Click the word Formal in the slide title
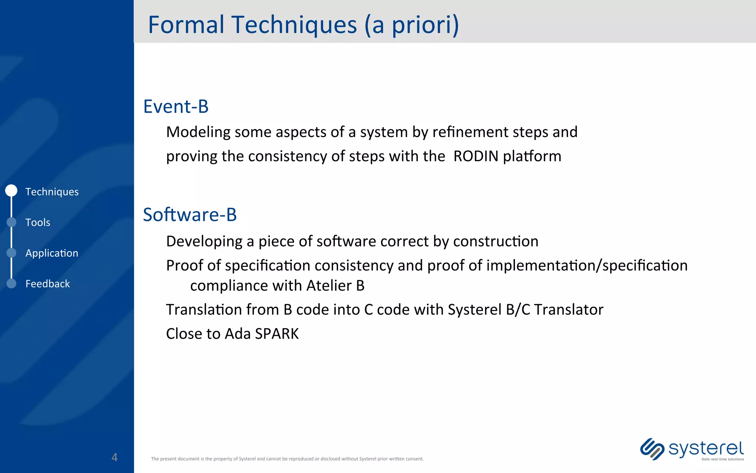[x=186, y=25]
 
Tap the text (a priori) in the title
[x=412, y=25]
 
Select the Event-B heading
[x=176, y=106]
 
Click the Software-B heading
[x=190, y=215]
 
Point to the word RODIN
[x=476, y=156]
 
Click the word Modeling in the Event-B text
[x=198, y=132]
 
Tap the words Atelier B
[x=335, y=286]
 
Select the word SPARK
[x=276, y=334]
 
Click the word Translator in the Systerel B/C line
[x=568, y=310]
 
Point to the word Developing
[x=204, y=241]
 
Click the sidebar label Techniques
[x=52, y=192]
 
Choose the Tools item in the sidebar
[x=38, y=222]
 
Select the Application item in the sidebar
[x=52, y=253]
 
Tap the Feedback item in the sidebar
[x=48, y=284]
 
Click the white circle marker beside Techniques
[x=11, y=191]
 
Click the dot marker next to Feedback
[x=11, y=283]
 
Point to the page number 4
[x=114, y=457]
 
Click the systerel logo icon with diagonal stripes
[x=652, y=449]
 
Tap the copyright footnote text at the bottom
[x=287, y=459]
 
